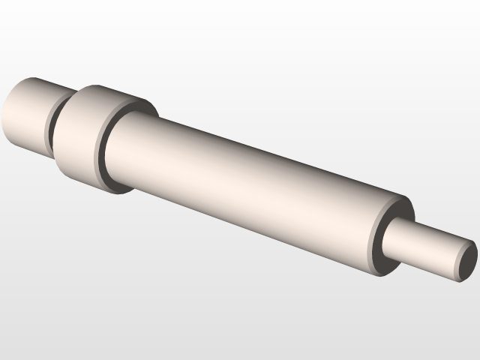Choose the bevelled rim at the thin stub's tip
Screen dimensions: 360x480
click(459, 259)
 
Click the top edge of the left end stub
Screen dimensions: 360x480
click(37, 77)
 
